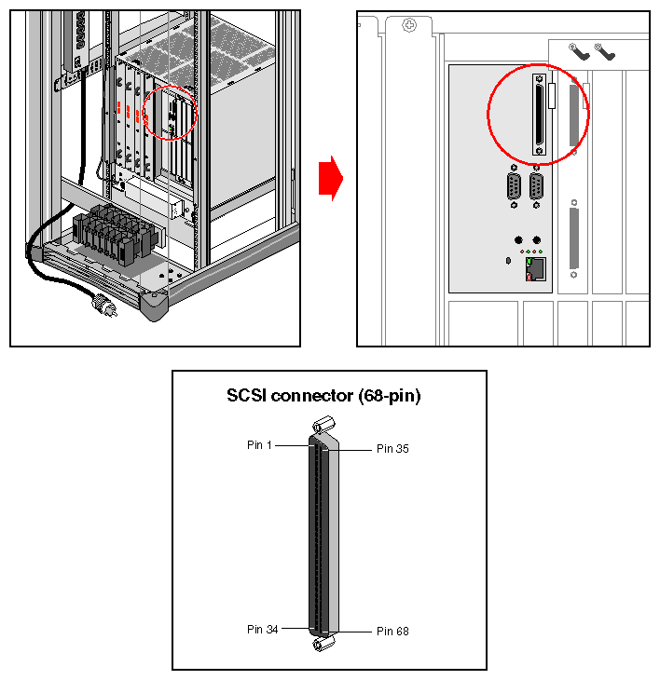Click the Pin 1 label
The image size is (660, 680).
[259, 445]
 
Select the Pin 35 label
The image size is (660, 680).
[392, 449]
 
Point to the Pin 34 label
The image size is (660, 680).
[262, 629]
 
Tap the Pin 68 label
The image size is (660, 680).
[392, 632]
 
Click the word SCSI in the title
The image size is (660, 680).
[248, 396]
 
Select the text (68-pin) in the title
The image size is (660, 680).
[389, 396]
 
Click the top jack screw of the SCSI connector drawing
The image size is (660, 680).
[324, 425]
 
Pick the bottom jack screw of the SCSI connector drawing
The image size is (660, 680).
[323, 645]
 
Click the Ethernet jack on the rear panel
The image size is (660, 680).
[536, 270]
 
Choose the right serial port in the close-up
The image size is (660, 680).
[537, 187]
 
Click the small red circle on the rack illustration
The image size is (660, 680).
[172, 112]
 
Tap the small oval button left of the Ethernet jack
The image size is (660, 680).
[506, 262]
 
